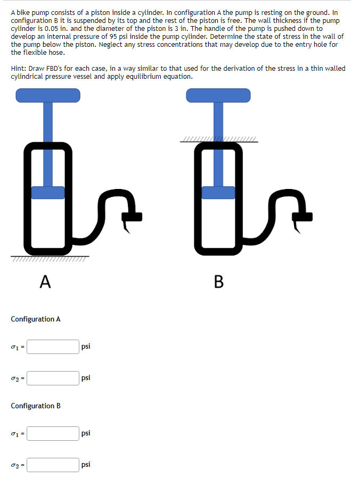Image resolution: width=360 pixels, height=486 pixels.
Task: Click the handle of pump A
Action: click(48, 95)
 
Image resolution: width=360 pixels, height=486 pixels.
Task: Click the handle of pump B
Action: click(218, 95)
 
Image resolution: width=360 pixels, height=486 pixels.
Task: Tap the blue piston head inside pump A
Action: click(48, 192)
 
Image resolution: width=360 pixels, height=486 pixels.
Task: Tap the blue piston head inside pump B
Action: click(218, 192)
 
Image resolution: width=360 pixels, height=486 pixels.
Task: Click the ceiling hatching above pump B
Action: click(218, 141)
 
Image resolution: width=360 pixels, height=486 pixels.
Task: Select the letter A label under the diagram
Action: click(45, 282)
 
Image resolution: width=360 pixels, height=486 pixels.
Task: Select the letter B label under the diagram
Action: click(218, 282)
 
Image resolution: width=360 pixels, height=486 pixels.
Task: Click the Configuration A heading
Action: click(36, 319)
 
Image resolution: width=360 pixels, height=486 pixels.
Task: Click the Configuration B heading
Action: click(36, 406)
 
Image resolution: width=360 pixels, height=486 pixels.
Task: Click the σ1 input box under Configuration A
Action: click(53, 347)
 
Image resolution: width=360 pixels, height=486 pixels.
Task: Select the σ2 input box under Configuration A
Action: click(53, 378)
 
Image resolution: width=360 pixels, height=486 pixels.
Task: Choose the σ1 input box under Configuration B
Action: click(53, 433)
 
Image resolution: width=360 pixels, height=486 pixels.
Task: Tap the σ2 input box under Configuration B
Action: click(53, 465)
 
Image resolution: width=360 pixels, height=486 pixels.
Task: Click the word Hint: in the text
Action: click(19, 69)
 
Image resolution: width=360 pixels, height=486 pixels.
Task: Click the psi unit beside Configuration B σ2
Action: click(86, 465)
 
